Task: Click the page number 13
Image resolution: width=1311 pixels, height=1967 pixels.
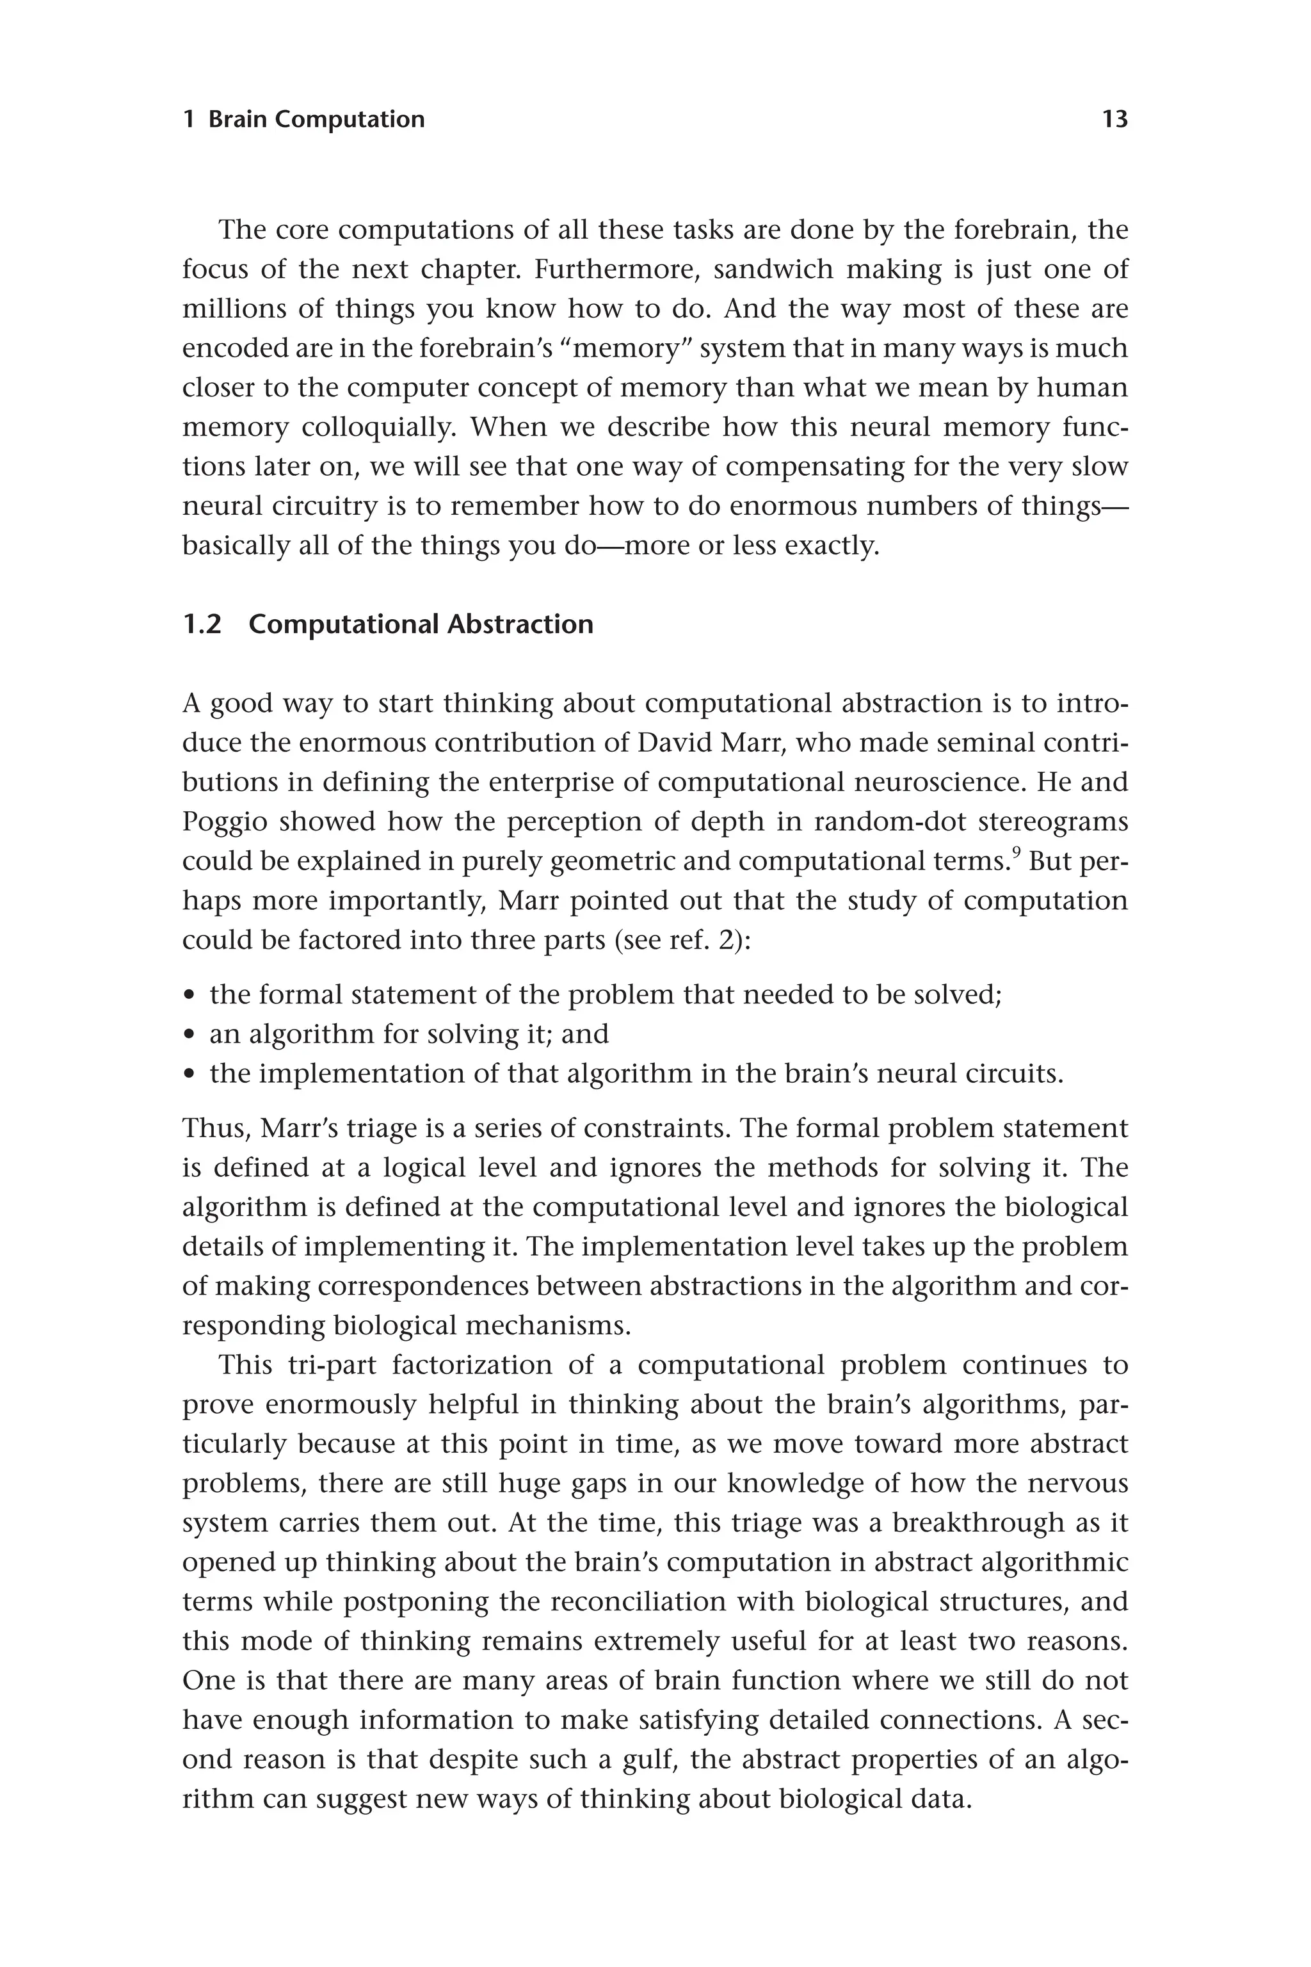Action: point(1114,120)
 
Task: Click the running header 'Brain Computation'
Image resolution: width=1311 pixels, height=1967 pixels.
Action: point(316,120)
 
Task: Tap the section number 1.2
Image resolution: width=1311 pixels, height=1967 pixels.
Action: point(202,625)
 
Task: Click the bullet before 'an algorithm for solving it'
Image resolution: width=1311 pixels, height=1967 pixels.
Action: point(189,1036)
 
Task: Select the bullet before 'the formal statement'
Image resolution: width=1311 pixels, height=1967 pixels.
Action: point(189,997)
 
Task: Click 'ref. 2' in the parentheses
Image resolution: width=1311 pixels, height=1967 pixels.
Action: point(703,941)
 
